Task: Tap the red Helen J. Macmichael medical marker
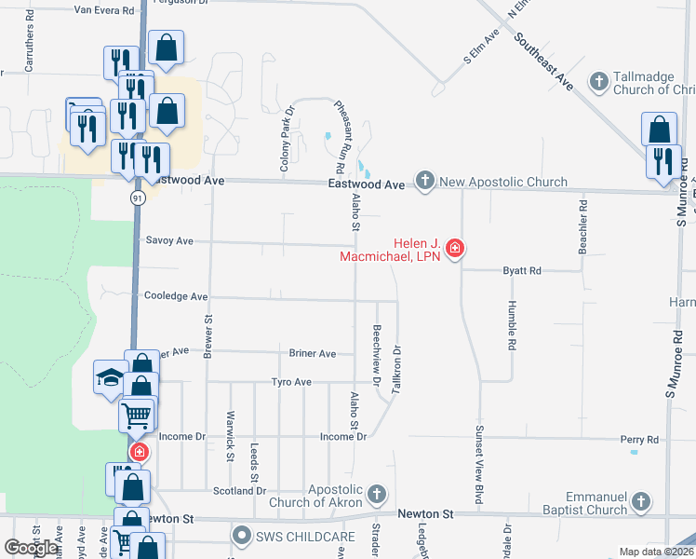pos(455,248)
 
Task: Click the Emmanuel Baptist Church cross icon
pos(639,503)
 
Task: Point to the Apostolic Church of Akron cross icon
pos(376,493)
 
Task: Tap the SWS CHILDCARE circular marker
pos(242,536)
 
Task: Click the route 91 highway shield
pos(137,198)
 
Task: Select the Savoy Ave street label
pos(169,240)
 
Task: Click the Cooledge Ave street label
pos(176,296)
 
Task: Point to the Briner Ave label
pos(313,354)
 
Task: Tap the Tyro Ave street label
pos(291,382)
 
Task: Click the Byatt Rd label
pos(522,271)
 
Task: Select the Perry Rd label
pos(639,439)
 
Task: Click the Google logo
pos(32,547)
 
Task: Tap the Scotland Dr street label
pos(239,491)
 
